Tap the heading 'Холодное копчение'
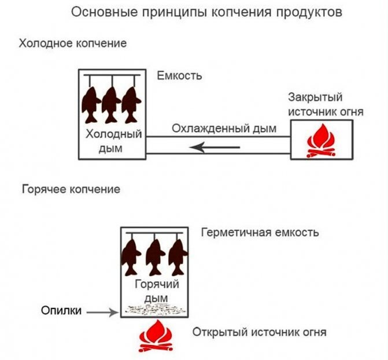pos(73,43)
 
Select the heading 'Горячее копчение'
pos(71,189)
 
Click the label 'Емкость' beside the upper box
pos(180,76)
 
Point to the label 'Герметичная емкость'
pos(260,233)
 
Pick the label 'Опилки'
pos(60,311)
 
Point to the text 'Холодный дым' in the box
pos(114,142)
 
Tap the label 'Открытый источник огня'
pos(260,333)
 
